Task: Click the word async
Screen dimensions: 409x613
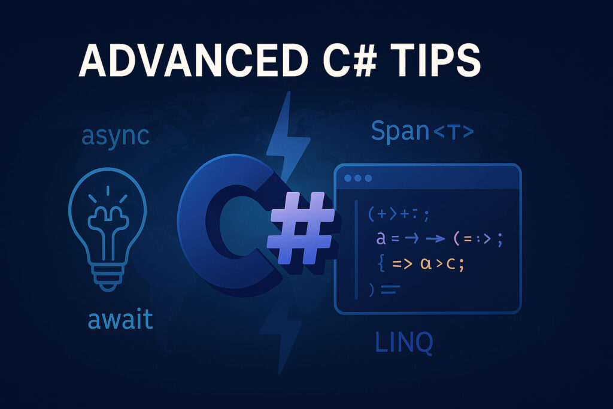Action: coord(114,135)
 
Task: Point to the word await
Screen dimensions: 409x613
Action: coord(120,319)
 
